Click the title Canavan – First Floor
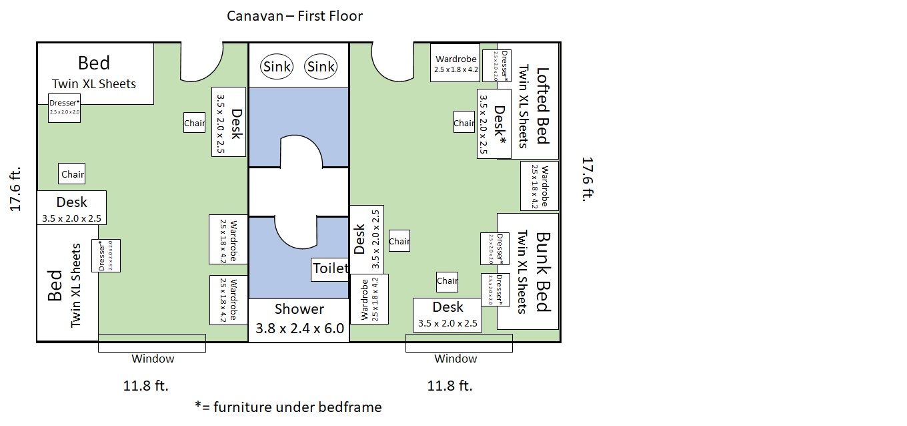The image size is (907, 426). coord(295,15)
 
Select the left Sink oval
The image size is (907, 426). coord(277,67)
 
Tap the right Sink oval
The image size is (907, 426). coord(321,67)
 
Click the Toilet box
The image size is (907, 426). coord(330,268)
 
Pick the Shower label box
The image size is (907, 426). coord(299,319)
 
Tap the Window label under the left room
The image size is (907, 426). coord(153,359)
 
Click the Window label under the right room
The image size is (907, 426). coord(456,359)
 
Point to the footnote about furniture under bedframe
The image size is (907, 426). coord(288,407)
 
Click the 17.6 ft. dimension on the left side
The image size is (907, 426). coord(17,189)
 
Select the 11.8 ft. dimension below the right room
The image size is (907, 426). coord(449,385)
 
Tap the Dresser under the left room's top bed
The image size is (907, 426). coord(65,108)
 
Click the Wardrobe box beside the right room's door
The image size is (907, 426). coord(456,63)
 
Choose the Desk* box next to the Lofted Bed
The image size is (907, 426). coord(494,124)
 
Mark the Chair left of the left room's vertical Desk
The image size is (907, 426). coord(195,123)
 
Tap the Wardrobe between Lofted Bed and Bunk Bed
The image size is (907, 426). coord(540,186)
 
